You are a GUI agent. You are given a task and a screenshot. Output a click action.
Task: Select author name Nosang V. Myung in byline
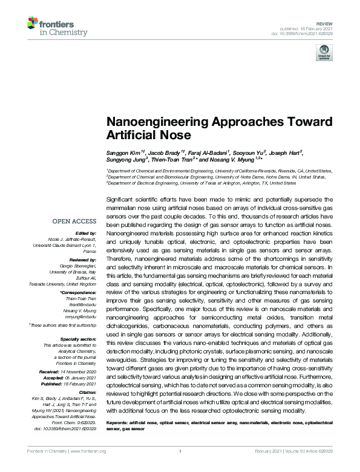tap(235, 160)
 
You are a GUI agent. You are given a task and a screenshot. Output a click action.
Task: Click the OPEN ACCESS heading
tap(74, 221)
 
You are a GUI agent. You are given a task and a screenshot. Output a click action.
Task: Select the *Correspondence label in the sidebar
tap(80, 292)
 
